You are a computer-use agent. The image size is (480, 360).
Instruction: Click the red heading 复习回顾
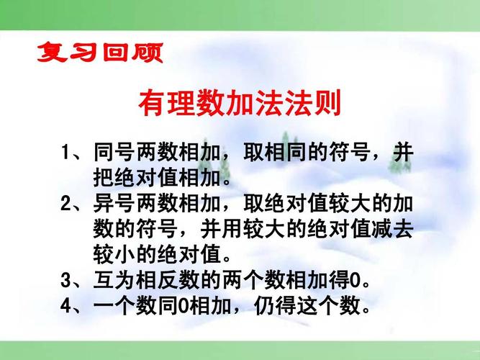tap(100, 53)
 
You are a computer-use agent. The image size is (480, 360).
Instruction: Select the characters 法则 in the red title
tap(317, 102)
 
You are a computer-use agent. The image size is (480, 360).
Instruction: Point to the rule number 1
tap(66, 153)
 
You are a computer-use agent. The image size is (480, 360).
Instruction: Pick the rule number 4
tap(66, 305)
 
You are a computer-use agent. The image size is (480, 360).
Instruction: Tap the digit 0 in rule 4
tap(182, 305)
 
